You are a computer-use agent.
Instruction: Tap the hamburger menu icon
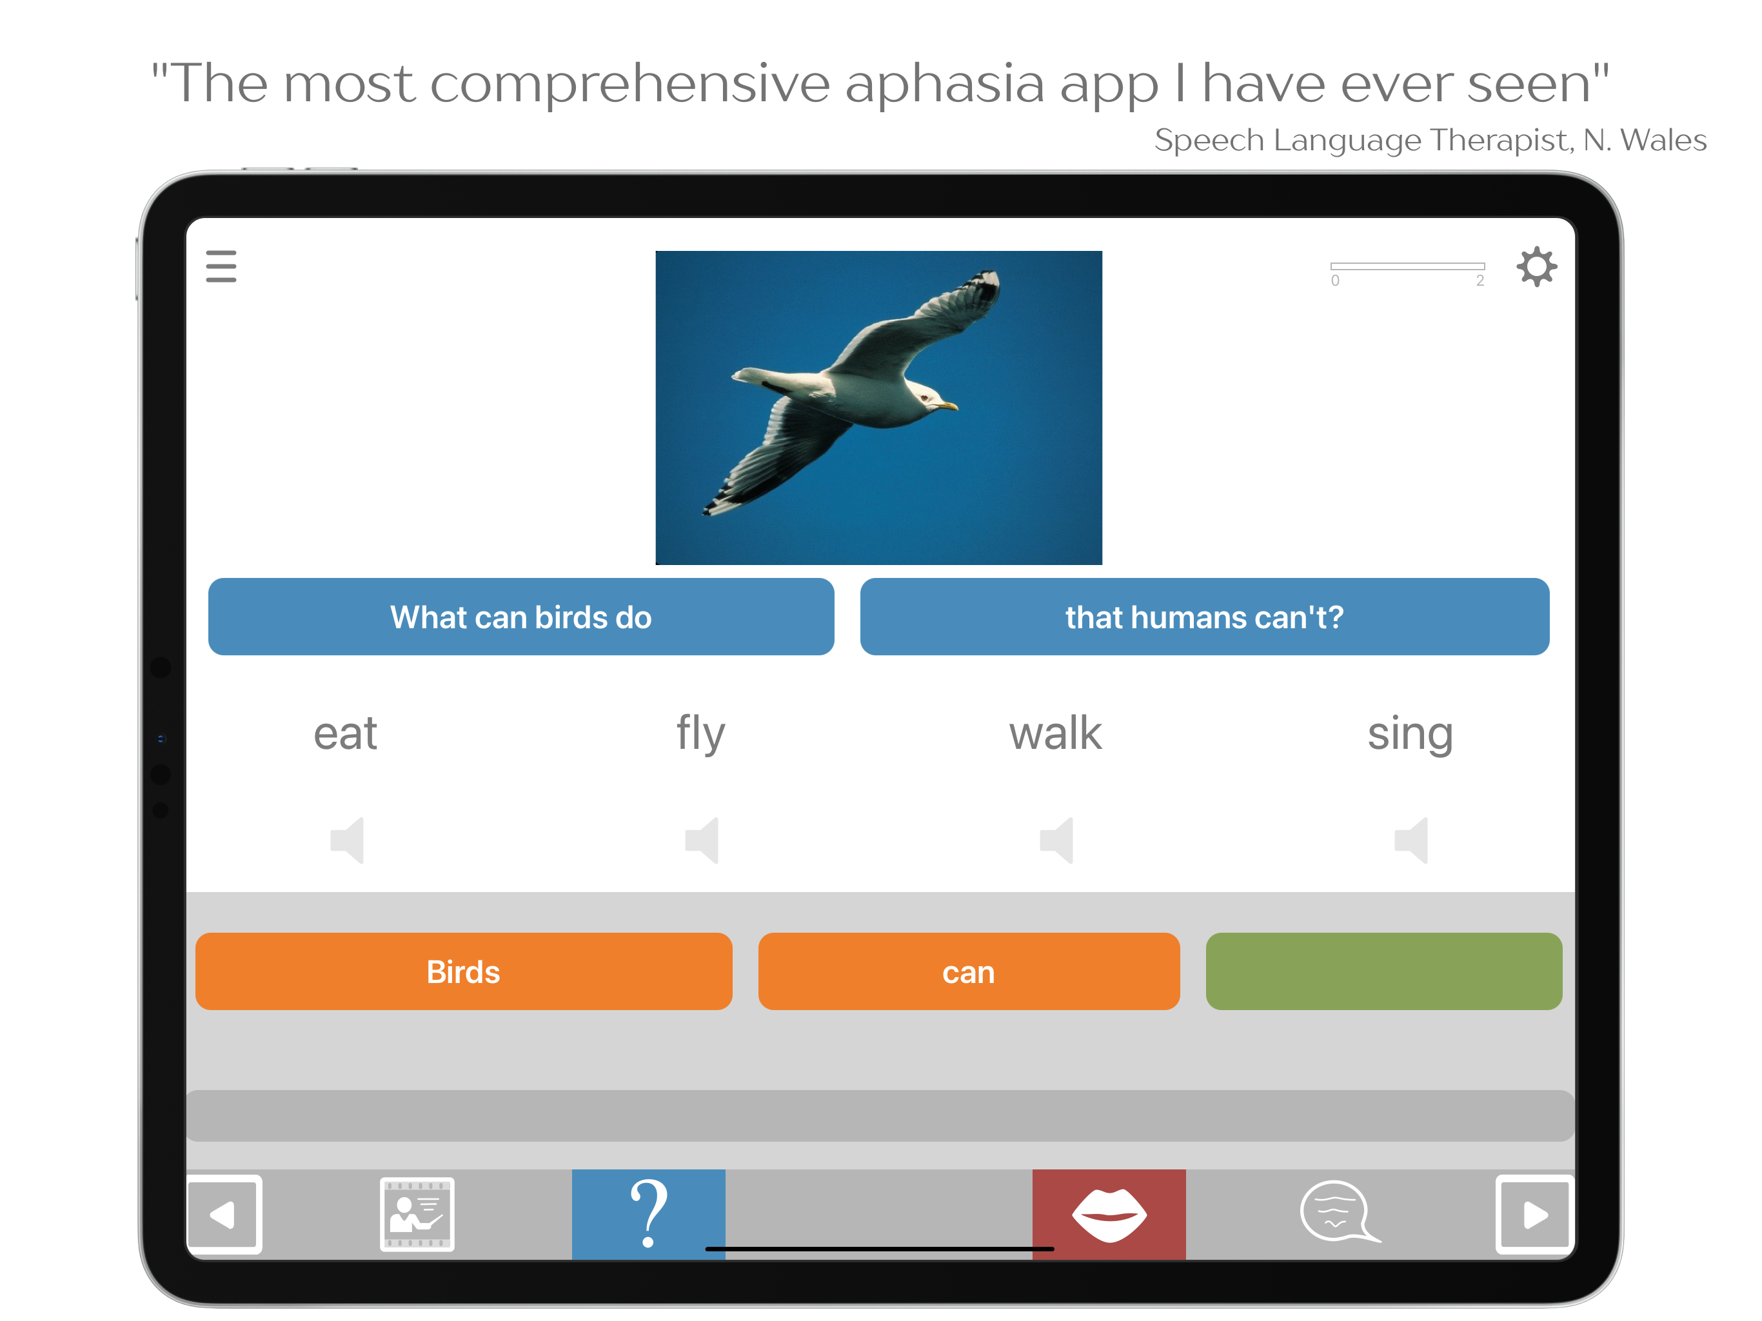(221, 266)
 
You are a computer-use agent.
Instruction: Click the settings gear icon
(1536, 266)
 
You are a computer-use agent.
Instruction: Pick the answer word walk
(1055, 733)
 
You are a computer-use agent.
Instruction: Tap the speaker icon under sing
(1412, 840)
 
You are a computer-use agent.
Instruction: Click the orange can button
(969, 971)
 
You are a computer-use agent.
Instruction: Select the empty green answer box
(1383, 971)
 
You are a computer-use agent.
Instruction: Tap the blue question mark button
(648, 1213)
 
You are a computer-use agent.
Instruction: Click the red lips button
(1109, 1213)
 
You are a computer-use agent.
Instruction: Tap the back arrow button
(224, 1214)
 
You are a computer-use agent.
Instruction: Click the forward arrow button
(1535, 1214)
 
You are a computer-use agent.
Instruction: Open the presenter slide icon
(417, 1214)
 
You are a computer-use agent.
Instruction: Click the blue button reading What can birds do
(521, 617)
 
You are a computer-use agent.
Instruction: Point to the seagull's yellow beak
(948, 406)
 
